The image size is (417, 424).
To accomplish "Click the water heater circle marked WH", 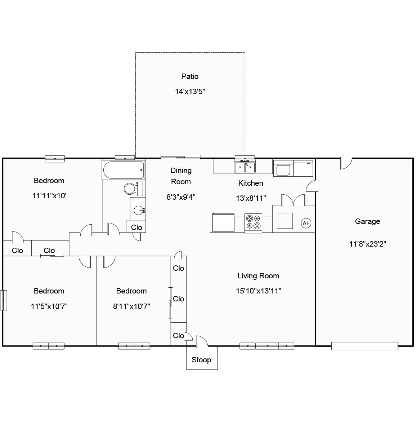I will tap(306, 223).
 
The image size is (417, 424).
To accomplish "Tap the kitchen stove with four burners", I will tap(253, 222).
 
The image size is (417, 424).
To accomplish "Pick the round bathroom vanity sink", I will tap(138, 210).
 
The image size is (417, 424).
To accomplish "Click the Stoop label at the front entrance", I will tap(201, 360).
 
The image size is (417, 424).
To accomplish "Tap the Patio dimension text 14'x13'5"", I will tap(190, 92).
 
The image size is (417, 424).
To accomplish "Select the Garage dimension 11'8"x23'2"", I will tap(367, 244).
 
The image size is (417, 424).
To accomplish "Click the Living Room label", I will tap(258, 276).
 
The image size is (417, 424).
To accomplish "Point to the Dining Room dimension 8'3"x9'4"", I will tap(181, 197).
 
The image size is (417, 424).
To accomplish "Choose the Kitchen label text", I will tap(251, 183).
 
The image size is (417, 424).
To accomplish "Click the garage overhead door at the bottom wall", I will tap(364, 346).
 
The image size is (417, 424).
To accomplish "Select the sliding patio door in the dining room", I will tap(180, 157).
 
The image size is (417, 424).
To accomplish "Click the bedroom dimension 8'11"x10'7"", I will tap(131, 306).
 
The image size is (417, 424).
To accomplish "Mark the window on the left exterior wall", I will tap(4, 300).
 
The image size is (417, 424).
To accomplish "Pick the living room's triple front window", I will tap(267, 346).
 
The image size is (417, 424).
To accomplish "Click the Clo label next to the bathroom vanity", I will tap(136, 228).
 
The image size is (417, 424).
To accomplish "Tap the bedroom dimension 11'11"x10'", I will tap(49, 196).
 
